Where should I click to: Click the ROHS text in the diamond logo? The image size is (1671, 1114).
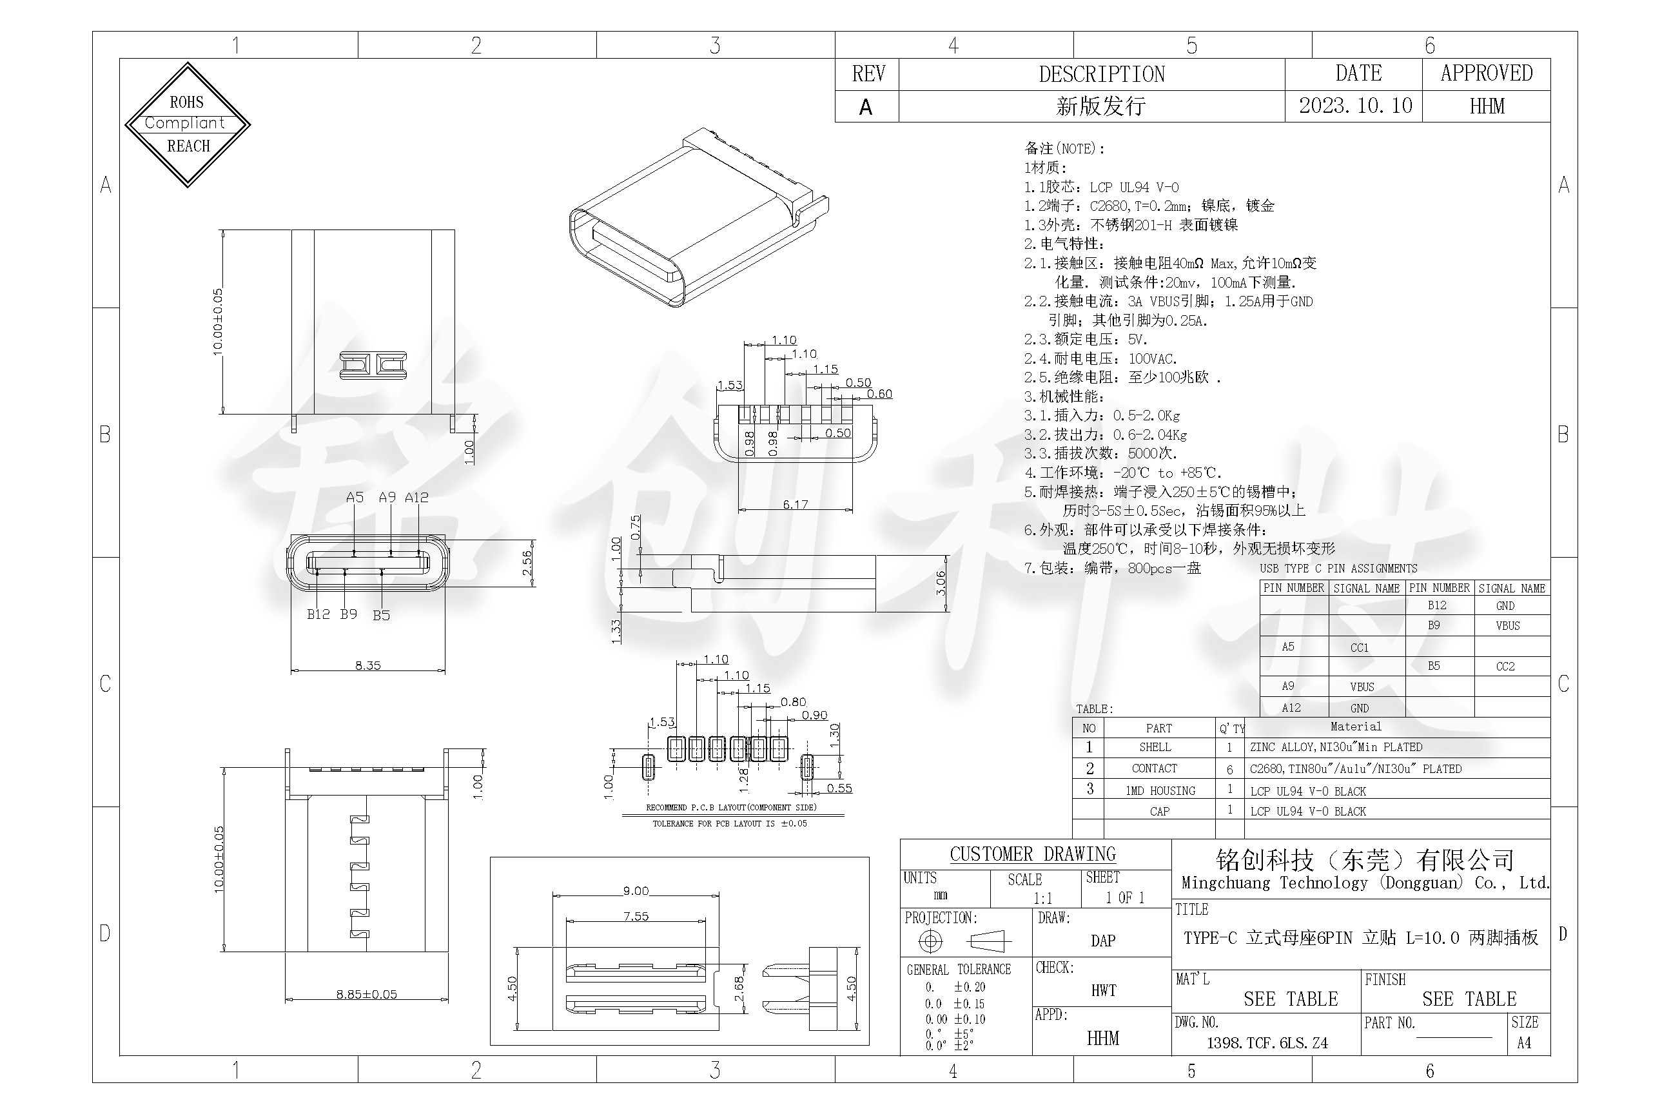186,103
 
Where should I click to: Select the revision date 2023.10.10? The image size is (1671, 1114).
1355,106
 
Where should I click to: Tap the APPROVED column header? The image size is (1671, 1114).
1486,73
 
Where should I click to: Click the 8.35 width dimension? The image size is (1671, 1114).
368,666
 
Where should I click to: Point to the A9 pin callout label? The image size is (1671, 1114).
387,497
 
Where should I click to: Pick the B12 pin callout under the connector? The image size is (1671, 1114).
318,614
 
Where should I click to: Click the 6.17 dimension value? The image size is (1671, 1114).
795,504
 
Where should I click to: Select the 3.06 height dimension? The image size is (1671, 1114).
941,583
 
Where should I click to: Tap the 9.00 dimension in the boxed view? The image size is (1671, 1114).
636,891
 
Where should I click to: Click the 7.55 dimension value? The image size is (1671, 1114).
636,917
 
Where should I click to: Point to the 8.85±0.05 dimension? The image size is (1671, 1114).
367,994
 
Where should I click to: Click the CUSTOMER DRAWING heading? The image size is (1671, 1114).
1032,854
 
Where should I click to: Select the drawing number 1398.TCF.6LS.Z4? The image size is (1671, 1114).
1267,1043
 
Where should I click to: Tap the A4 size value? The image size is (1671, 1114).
1524,1043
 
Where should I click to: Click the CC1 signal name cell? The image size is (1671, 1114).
1359,648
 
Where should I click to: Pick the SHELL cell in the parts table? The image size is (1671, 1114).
1155,747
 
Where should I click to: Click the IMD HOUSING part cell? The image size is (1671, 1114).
1160,791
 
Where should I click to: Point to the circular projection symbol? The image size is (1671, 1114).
930,941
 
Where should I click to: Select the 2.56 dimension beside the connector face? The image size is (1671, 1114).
527,564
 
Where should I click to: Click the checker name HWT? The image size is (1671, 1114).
1103,990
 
